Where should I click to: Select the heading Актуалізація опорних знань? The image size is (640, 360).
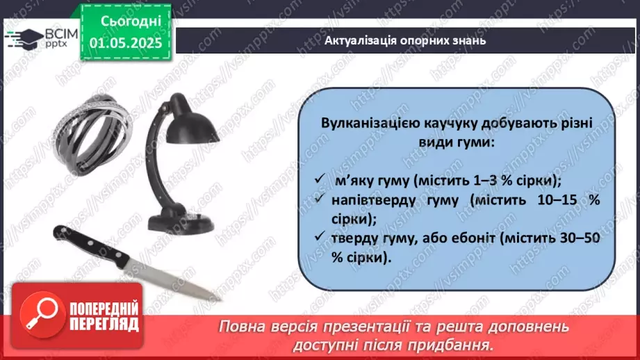(405, 40)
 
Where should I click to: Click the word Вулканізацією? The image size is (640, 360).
(369, 123)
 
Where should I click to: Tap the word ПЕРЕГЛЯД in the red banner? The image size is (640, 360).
(104, 323)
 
